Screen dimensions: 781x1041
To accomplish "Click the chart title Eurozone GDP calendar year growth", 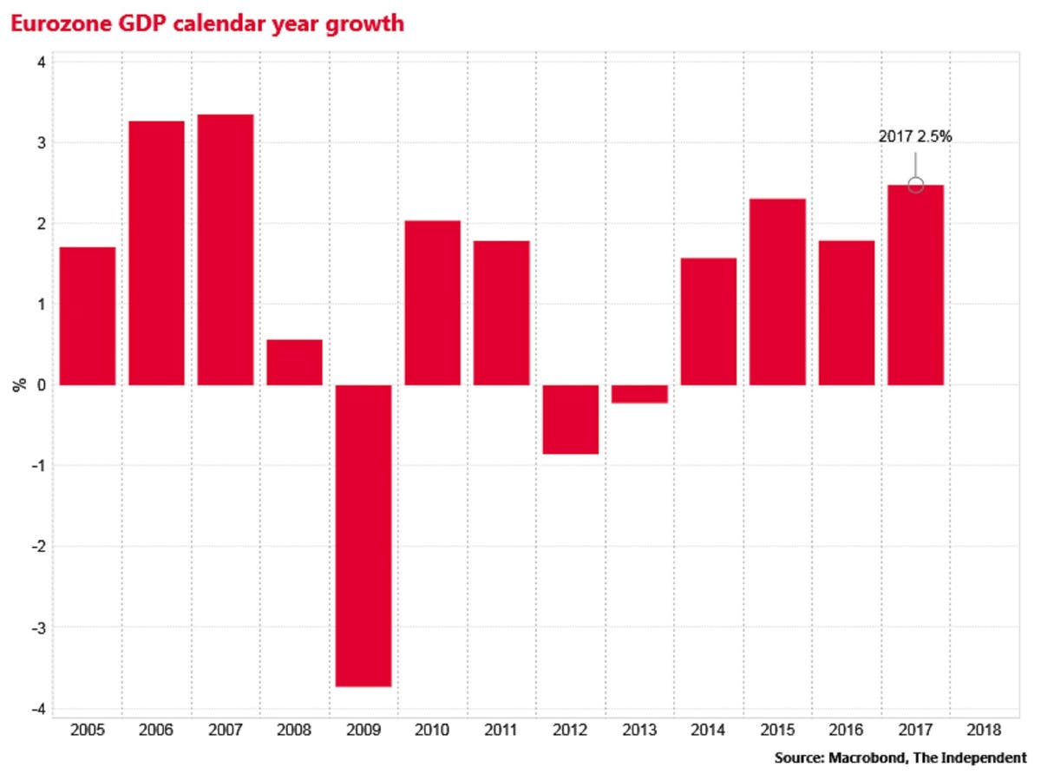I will coord(206,23).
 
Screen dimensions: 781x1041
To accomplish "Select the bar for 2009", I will coord(363,535).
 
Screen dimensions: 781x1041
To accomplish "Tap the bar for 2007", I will coord(226,250).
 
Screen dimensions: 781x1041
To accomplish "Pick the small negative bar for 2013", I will coord(640,394).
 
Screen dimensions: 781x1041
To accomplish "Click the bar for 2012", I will coord(571,419).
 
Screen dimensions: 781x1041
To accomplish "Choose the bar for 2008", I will coord(294,362).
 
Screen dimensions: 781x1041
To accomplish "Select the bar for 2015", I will coord(778,292).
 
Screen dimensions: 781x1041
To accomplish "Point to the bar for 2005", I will coord(87,316).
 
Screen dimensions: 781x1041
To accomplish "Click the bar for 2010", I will coord(433,303).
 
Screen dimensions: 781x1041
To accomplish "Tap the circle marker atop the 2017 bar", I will coord(915,185).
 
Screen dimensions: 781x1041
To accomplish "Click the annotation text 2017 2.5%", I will coord(915,136).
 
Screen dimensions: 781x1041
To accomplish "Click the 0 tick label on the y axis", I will coord(40,385).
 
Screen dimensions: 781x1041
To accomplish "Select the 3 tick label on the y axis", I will coord(40,142).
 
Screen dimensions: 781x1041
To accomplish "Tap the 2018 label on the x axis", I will coord(985,731).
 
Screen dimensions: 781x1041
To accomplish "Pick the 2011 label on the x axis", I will coord(501,731).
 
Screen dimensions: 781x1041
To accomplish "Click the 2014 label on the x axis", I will coord(709,731).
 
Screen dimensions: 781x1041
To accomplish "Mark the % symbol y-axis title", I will coord(18,384).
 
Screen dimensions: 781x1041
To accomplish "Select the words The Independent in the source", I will coord(976,758).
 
